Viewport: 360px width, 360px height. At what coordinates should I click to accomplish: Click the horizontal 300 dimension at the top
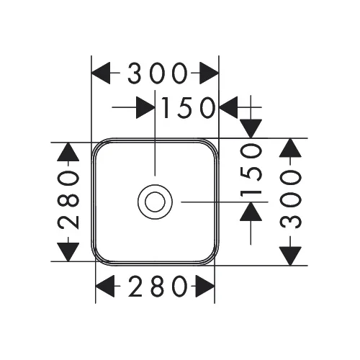[157, 73]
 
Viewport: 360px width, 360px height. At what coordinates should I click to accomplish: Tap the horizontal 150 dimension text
[188, 108]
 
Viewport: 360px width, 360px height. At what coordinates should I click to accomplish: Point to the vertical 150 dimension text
[251, 170]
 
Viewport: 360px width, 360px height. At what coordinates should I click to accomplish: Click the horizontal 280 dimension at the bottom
[158, 286]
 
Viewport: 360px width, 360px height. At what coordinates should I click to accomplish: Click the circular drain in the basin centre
[155, 202]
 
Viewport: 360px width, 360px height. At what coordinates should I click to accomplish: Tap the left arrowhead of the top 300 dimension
[101, 73]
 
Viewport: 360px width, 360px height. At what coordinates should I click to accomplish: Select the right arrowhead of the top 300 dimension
[210, 73]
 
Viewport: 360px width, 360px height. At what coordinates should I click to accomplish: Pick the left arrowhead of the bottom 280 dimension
[105, 286]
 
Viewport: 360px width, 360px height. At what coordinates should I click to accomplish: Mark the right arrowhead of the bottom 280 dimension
[205, 286]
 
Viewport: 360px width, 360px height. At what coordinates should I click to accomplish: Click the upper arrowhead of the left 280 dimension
[68, 152]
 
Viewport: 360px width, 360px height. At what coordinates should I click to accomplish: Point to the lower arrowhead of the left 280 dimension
[68, 252]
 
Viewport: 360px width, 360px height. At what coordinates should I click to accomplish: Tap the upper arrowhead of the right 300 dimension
[290, 148]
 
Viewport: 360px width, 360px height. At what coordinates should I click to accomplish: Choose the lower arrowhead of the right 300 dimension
[290, 256]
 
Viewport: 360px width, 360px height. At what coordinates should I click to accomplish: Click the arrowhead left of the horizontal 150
[145, 107]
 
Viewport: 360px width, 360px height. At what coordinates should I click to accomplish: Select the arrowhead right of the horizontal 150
[228, 107]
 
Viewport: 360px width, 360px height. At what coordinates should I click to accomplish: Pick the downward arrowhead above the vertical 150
[251, 129]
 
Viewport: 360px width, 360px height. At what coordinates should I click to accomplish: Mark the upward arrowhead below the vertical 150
[251, 212]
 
